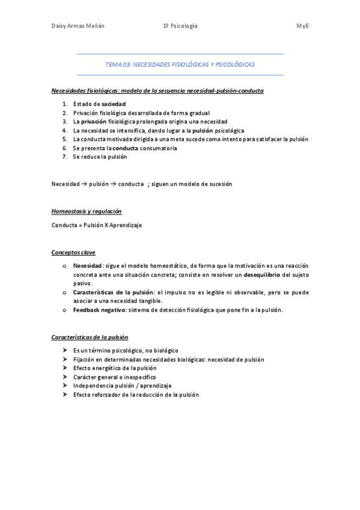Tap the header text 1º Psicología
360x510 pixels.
pyautogui.click(x=180, y=26)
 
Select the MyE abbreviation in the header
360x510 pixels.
pyautogui.click(x=302, y=26)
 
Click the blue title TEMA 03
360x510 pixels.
pyautogui.click(x=180, y=64)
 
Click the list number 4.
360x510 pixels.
pyautogui.click(x=64, y=130)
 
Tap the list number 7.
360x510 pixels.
pyautogui.click(x=64, y=156)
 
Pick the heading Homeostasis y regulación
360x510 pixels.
pyautogui.click(x=87, y=212)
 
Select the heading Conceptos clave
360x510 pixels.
pyautogui.click(x=73, y=252)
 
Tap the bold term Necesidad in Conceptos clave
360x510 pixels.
pyautogui.click(x=87, y=265)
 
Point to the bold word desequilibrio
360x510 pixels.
pyautogui.click(x=264, y=274)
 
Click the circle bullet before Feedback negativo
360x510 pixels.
pyautogui.click(x=64, y=310)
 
